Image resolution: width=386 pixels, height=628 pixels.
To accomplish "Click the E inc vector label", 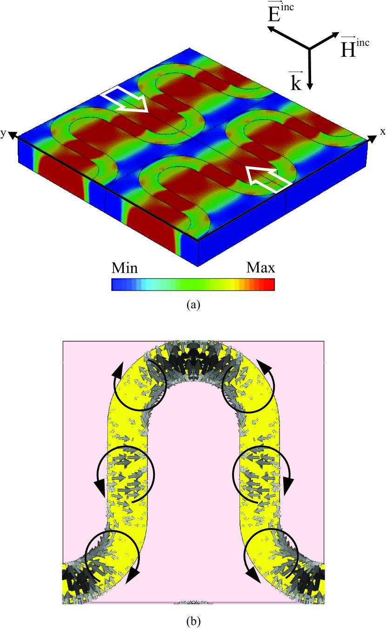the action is coord(281,13).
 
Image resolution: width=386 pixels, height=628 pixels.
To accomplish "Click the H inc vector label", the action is coord(354,47).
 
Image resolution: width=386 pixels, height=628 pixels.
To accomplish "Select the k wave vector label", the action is coord(296,81).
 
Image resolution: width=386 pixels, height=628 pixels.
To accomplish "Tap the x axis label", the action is coord(383,132).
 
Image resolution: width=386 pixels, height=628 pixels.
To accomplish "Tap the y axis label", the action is coord(3,133).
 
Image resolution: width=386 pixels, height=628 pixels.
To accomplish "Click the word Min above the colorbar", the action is coord(125,268).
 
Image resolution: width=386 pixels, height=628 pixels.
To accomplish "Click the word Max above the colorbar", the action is coord(260,268).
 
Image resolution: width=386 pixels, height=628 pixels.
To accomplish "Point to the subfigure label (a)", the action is coord(193,304).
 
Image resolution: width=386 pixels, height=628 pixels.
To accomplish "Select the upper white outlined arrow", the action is coord(124,99).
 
